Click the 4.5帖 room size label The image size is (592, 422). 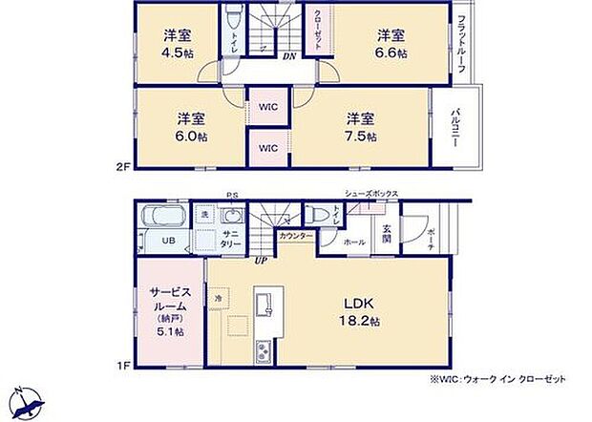(177, 53)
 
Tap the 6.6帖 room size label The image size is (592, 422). (390, 53)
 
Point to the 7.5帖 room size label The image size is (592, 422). (361, 137)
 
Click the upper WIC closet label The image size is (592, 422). (268, 107)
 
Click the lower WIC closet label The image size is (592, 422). (268, 148)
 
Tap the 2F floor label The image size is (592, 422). (122, 168)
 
